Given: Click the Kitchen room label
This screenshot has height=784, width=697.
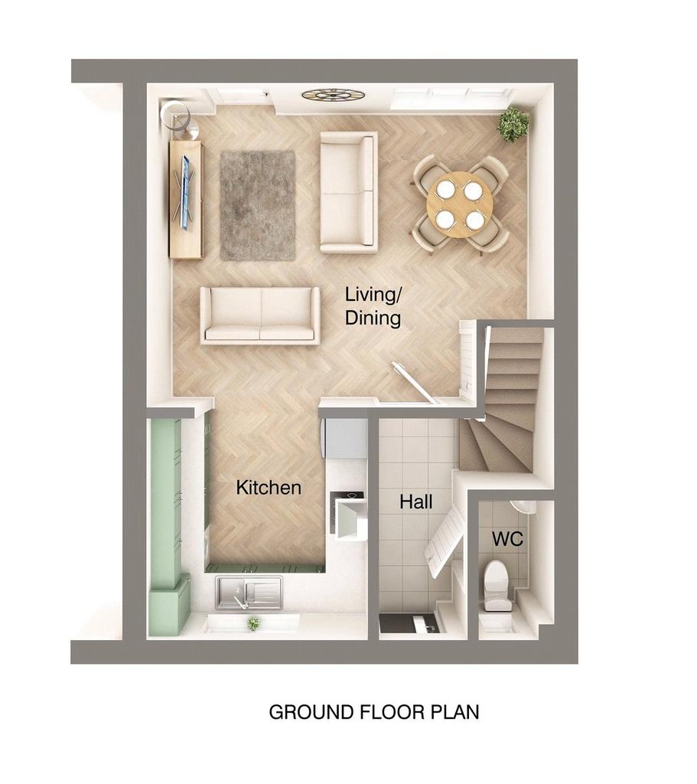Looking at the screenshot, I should click(269, 487).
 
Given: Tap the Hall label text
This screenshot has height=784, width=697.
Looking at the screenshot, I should click(416, 502).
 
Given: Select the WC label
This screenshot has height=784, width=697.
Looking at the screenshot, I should click(507, 539).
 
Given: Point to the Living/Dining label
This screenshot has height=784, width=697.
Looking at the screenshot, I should click(373, 305).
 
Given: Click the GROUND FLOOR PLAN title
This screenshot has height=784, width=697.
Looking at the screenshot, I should click(374, 712).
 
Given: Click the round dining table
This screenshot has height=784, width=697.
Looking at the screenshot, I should click(460, 204).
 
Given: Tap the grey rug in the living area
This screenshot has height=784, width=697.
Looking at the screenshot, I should click(257, 204).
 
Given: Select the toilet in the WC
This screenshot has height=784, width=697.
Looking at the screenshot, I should click(497, 585).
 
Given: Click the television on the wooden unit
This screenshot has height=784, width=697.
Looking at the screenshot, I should click(184, 191).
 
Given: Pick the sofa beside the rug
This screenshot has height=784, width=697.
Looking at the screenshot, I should click(349, 192).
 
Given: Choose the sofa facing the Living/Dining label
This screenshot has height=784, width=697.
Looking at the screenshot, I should click(260, 315).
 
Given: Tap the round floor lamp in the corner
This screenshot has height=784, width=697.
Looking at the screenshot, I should click(173, 113).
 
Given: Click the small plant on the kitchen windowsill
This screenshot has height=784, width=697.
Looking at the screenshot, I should click(252, 624).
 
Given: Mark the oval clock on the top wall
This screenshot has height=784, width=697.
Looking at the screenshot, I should click(333, 95).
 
